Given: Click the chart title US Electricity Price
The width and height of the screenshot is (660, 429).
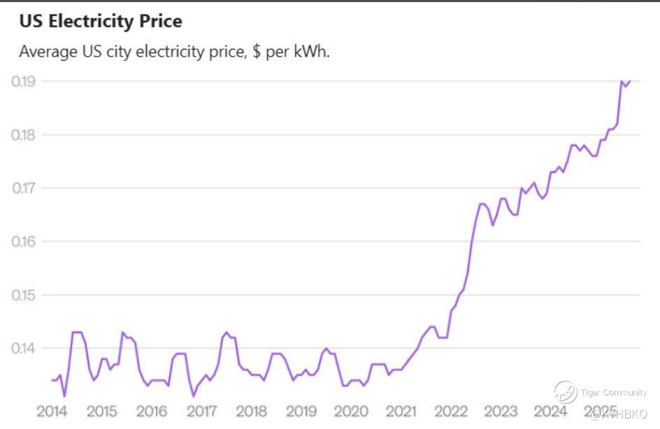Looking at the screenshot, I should (100, 22).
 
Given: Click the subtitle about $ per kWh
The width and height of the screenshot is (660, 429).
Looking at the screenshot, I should (174, 52).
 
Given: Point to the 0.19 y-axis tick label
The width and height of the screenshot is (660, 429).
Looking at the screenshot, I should (24, 81).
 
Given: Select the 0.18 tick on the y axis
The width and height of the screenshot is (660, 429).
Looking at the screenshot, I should (24, 135).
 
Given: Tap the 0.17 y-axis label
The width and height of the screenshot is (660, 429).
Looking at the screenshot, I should (24, 188).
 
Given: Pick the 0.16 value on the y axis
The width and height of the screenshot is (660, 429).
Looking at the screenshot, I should (24, 242).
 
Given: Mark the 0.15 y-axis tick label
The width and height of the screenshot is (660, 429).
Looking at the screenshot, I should (24, 295).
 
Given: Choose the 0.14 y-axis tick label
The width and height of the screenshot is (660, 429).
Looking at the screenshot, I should (24, 348).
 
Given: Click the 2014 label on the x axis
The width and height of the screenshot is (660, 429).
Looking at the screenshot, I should (52, 411).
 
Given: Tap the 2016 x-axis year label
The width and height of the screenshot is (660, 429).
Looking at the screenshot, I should (152, 411).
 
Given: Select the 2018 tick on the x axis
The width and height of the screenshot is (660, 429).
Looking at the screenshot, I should (251, 411).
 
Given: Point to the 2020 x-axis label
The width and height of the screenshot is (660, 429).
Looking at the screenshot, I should (351, 411).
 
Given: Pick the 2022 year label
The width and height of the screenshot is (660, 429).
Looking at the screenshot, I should (451, 411).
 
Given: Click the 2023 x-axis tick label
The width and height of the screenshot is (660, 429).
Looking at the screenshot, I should (501, 411).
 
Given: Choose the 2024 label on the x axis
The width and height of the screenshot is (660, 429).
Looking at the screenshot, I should (550, 411).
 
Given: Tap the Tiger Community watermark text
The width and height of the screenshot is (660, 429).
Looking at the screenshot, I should (613, 393).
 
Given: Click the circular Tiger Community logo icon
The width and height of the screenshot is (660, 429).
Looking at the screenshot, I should (565, 392).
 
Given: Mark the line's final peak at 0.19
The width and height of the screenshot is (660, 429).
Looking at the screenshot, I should (622, 82).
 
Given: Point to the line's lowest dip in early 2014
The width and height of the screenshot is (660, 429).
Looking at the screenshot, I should (64, 396).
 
